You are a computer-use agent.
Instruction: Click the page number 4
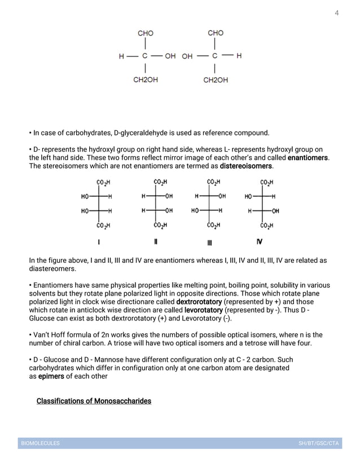coord(337,12)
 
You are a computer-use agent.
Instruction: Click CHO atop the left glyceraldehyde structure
coord(146,33)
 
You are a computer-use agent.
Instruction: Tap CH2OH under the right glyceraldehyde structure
coord(216,80)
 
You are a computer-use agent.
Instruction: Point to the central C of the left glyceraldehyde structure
coord(145,56)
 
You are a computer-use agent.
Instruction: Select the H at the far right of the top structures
coord(239,56)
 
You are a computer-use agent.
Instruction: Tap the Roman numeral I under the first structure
coord(99,242)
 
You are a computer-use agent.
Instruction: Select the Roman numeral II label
coord(156,242)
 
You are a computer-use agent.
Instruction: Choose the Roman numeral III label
coord(209,243)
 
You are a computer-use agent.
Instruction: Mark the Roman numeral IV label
coord(260,242)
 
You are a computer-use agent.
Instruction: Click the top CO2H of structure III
coord(213,182)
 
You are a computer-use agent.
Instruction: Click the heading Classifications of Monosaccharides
coord(94,401)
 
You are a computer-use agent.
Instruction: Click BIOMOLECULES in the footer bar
coord(40,443)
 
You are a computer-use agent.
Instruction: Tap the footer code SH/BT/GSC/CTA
coord(318,443)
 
